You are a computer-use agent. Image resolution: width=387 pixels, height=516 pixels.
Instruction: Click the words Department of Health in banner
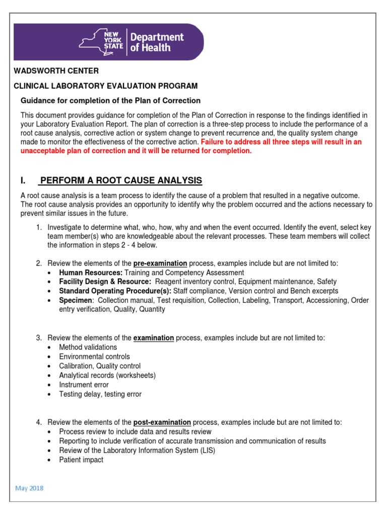pyautogui.click(x=157, y=42)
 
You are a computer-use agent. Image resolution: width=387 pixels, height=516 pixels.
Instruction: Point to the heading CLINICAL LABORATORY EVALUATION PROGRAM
pyautogui.click(x=105, y=86)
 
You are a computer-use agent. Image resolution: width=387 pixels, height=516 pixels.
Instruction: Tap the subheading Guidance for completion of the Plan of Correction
pyautogui.click(x=110, y=100)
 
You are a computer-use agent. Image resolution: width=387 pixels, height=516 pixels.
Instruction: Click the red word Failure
pyautogui.click(x=214, y=142)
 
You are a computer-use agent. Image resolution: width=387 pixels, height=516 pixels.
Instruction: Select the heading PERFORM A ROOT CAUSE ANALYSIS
pyautogui.click(x=121, y=180)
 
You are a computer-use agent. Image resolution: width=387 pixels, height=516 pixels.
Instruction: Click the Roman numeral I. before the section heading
pyautogui.click(x=23, y=180)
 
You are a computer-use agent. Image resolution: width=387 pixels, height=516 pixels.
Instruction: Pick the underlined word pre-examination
pyautogui.click(x=160, y=263)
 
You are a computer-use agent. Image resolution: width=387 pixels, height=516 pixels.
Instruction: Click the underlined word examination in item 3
pyautogui.click(x=153, y=338)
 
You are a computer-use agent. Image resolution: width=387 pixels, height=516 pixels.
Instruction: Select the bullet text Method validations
pyautogui.click(x=88, y=347)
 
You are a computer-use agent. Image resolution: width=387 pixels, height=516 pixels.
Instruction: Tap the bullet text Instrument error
pyautogui.click(x=84, y=385)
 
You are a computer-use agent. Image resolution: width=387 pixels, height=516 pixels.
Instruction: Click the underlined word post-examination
pyautogui.click(x=162, y=422)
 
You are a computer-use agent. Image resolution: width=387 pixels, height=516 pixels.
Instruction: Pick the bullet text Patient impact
pyautogui.click(x=81, y=460)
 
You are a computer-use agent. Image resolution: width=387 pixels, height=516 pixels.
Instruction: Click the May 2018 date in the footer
pyautogui.click(x=30, y=488)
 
